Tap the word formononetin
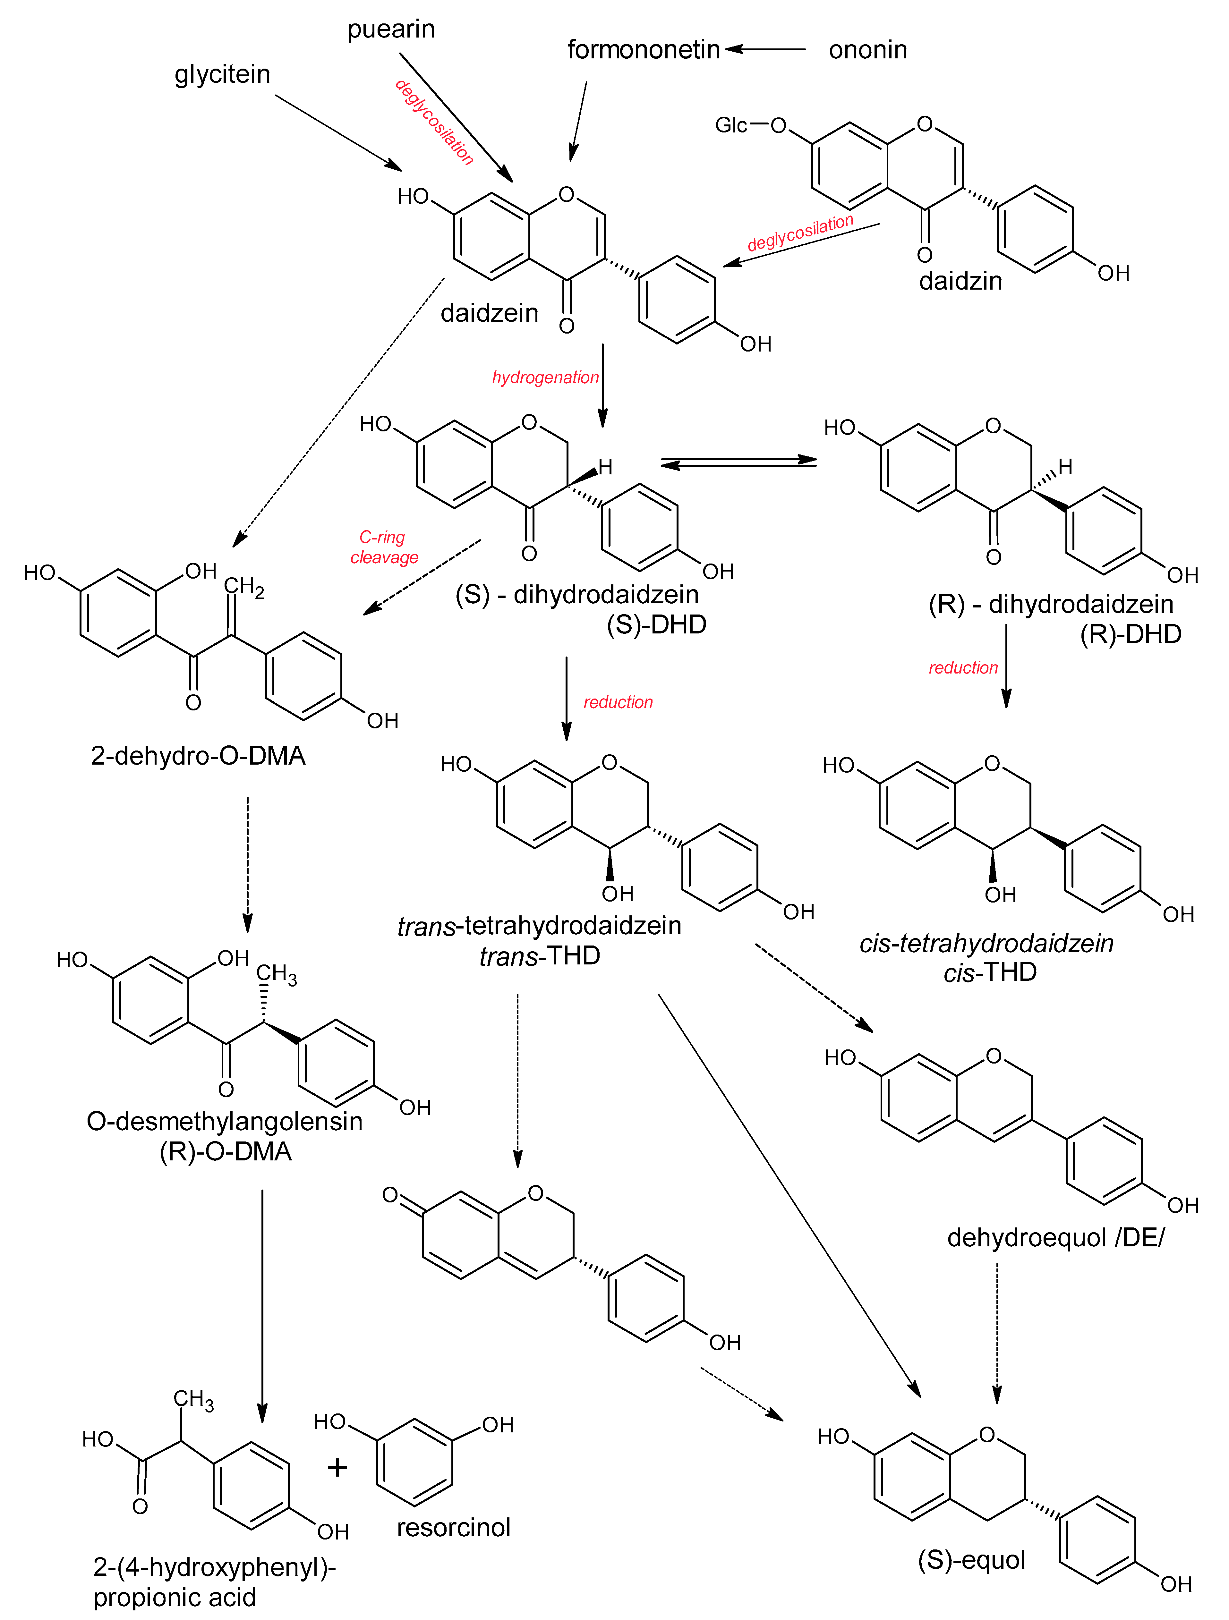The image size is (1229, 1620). pos(644,50)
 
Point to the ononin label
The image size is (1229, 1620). pos(868,50)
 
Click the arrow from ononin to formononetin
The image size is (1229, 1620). pos(765,49)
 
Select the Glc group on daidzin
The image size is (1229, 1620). pos(731,125)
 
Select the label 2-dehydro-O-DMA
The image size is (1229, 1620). pos(198,755)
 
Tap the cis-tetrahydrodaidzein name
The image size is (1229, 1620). pos(986,943)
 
